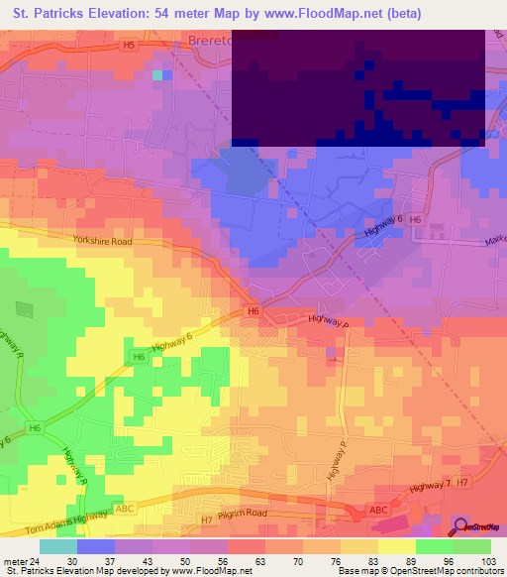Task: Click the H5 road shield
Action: [128, 45]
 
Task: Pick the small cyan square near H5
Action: [157, 73]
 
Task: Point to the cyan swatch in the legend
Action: [58, 546]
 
